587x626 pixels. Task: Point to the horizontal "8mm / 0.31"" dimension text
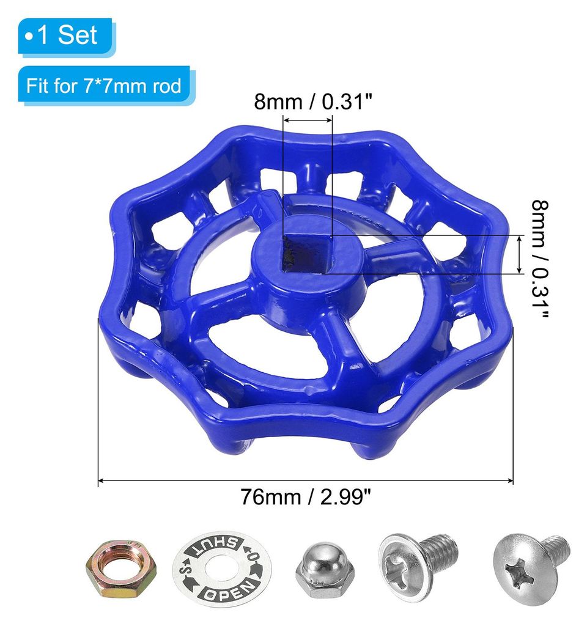(x=313, y=102)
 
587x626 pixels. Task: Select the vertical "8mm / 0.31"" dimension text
(x=540, y=259)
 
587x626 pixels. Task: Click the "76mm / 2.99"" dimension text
(x=306, y=497)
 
